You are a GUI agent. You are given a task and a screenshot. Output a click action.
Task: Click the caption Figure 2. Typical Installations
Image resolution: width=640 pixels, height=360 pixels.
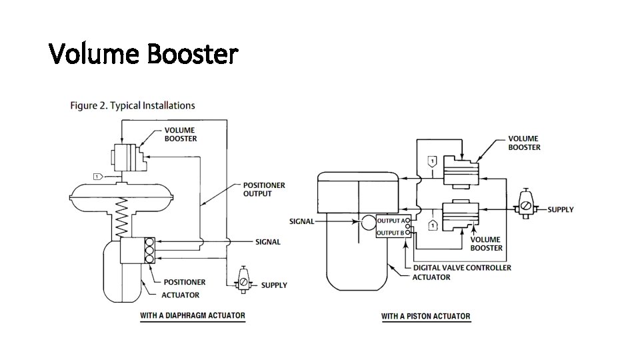coord(133,105)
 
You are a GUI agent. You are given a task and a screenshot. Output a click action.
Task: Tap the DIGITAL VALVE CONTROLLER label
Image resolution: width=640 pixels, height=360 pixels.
coord(462,267)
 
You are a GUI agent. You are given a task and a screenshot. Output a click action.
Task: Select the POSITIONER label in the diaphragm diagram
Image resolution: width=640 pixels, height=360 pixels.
coord(185,282)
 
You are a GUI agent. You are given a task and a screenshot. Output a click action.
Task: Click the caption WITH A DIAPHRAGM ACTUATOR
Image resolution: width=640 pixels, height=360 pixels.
coord(192,315)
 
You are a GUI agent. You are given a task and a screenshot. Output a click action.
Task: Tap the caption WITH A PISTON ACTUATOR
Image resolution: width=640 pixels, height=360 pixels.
coord(425,316)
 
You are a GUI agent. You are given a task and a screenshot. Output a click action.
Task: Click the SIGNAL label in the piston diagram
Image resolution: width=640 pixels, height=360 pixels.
coord(301,221)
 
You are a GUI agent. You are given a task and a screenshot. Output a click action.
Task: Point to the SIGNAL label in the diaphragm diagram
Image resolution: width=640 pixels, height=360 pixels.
coord(268,242)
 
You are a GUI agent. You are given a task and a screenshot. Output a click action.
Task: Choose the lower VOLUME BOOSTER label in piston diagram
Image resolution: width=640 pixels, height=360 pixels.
coord(487,243)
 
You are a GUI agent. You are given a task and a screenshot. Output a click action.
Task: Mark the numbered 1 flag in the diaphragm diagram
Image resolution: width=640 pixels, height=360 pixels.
coord(97,176)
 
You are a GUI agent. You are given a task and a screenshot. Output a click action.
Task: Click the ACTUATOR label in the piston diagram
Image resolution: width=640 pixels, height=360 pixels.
coord(431,277)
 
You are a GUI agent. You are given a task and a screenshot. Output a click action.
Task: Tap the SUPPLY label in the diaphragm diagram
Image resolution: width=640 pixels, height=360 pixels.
coord(274,285)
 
